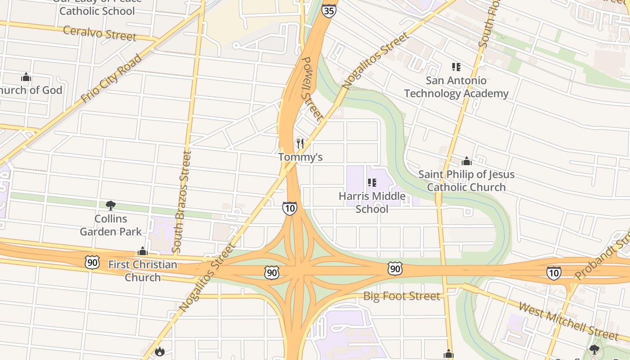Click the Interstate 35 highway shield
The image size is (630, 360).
pos(329,11)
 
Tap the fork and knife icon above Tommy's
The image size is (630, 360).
pos(300,144)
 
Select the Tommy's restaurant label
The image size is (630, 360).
pos(300,157)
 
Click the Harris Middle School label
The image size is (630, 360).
pos(372,202)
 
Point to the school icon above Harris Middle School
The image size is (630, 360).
pos(372,182)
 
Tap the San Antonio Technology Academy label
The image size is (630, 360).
pos(456,87)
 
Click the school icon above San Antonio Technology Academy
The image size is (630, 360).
pos(456,67)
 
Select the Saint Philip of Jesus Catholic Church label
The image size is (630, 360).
pos(466,180)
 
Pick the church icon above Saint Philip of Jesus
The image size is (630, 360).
pos(467,161)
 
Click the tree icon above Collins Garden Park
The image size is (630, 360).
pos(110,206)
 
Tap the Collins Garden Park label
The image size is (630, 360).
pos(111,225)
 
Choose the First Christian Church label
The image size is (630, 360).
pos(143,270)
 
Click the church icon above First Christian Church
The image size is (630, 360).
pos(143,251)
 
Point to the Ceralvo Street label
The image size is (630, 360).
pos(99,33)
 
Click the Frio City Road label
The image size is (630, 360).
pos(112,78)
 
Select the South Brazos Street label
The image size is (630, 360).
pos(181,201)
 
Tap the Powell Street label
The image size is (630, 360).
pos(312,88)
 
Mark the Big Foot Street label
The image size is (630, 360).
pos(401,296)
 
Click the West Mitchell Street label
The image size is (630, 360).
pos(568,321)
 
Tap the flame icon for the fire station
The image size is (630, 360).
pos(160,351)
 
